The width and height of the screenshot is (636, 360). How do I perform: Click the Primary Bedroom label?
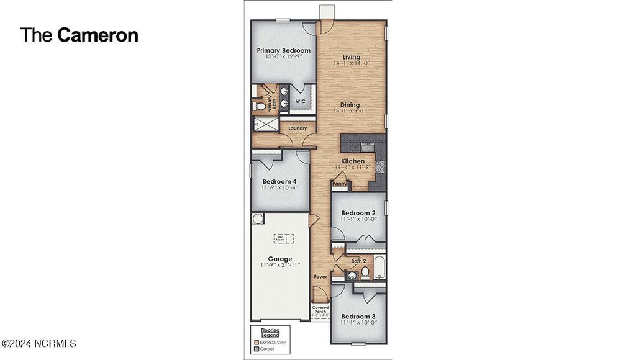[283, 50]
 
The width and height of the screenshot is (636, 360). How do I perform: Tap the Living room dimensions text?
[352, 63]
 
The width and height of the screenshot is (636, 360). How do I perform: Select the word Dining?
[351, 105]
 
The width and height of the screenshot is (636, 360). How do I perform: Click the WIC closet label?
[300, 101]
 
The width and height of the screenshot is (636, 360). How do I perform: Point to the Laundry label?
[298, 128]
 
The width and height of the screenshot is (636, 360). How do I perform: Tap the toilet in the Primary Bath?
[260, 107]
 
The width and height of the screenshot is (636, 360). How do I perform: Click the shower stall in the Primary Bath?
[266, 124]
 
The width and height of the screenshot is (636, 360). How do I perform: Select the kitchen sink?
[366, 148]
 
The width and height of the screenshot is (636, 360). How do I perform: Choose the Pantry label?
[339, 184]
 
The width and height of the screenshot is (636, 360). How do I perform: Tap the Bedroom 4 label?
[279, 181]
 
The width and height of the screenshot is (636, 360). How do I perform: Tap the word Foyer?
[320, 277]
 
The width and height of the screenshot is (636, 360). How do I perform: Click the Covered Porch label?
[320, 309]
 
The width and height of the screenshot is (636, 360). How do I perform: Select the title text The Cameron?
[79, 35]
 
